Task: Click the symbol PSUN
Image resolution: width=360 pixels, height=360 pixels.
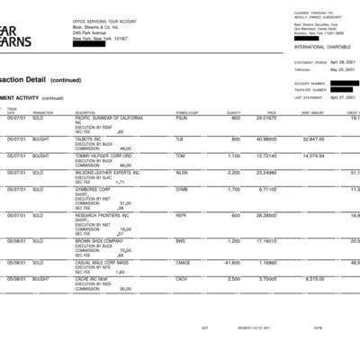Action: point(182,117)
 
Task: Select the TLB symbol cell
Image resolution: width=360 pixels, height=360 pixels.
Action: point(179,139)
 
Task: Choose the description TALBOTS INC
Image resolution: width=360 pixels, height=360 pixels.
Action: point(93,139)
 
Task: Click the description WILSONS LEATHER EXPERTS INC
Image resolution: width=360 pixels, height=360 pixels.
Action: point(110,172)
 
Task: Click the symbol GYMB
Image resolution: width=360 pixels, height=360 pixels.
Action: point(182,190)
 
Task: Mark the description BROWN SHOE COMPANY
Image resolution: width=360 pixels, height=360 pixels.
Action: point(99,240)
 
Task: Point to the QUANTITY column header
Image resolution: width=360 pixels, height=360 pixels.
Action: point(232,112)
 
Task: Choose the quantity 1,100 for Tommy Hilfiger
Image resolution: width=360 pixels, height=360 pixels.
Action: point(232,155)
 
